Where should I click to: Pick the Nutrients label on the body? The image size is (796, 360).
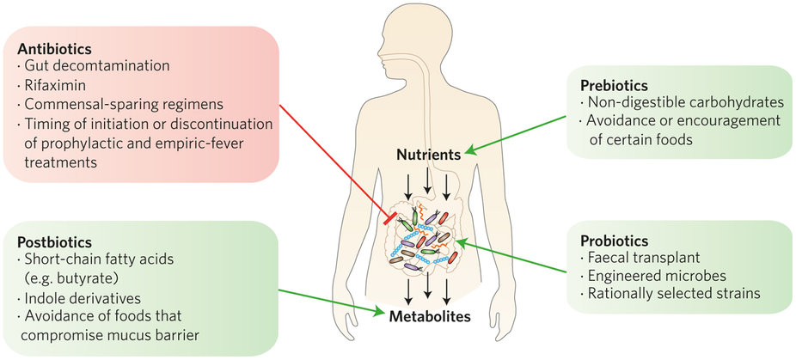point(431,156)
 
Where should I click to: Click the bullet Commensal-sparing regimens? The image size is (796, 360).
point(111,103)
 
